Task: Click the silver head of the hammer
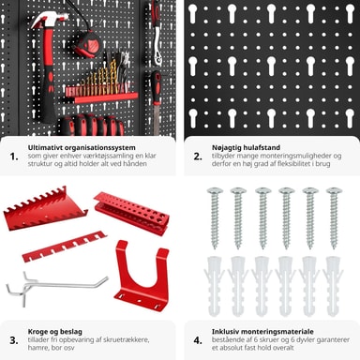(x=49, y=20)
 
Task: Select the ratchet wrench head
(x=157, y=55)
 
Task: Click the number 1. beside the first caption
(x=14, y=157)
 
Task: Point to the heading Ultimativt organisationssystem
(x=82, y=147)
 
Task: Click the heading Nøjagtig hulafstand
(x=246, y=147)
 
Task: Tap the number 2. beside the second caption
(x=198, y=157)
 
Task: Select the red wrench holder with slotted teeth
(x=45, y=209)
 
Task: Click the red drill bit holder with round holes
(x=131, y=213)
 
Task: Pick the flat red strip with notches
(x=65, y=247)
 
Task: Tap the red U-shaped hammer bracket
(x=142, y=276)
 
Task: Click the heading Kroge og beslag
(x=55, y=332)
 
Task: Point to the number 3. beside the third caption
(x=14, y=340)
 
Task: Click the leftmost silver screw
(x=215, y=217)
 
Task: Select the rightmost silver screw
(x=334, y=217)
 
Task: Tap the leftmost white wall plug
(x=215, y=286)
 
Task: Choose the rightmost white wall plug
(x=333, y=286)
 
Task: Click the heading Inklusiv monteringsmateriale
(x=262, y=332)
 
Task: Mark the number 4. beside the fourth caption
(x=198, y=340)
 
